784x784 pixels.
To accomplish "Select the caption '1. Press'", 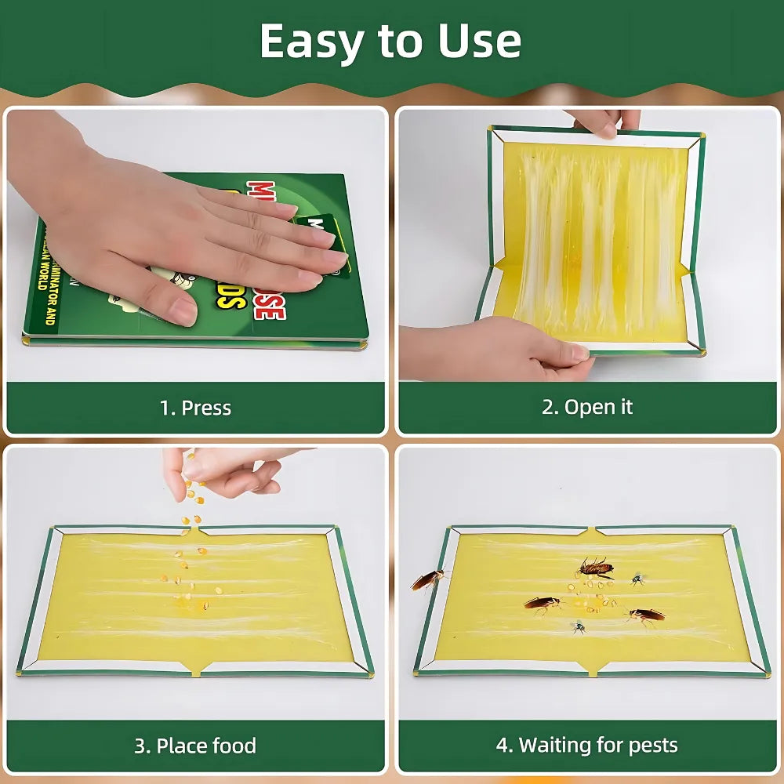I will (x=195, y=408).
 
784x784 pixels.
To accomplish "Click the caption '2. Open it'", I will (x=587, y=407).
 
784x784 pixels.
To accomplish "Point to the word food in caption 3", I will (x=231, y=746).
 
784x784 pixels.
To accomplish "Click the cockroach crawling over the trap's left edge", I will (x=428, y=579).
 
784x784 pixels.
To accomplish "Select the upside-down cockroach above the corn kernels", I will (x=595, y=567).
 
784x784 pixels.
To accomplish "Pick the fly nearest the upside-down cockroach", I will (x=637, y=579).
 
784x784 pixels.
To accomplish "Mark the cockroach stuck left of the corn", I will (x=543, y=603).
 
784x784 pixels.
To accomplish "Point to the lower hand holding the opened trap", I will (x=494, y=349).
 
